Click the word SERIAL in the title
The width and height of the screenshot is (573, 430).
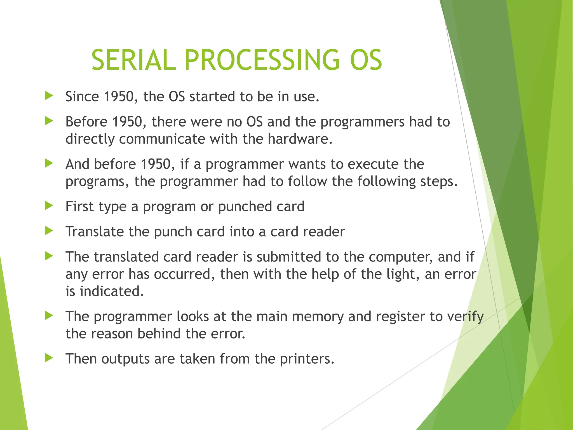coord(134,60)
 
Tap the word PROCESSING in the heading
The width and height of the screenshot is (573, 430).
coord(262,60)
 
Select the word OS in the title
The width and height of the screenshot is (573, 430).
coord(366,60)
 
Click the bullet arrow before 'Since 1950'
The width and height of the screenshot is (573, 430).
coord(49,96)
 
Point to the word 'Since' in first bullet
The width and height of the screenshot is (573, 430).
coord(82,97)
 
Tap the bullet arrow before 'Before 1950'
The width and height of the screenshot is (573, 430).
coord(49,121)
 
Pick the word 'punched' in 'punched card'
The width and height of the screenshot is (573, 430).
coord(245,207)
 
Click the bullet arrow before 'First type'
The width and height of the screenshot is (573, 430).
coord(49,206)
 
